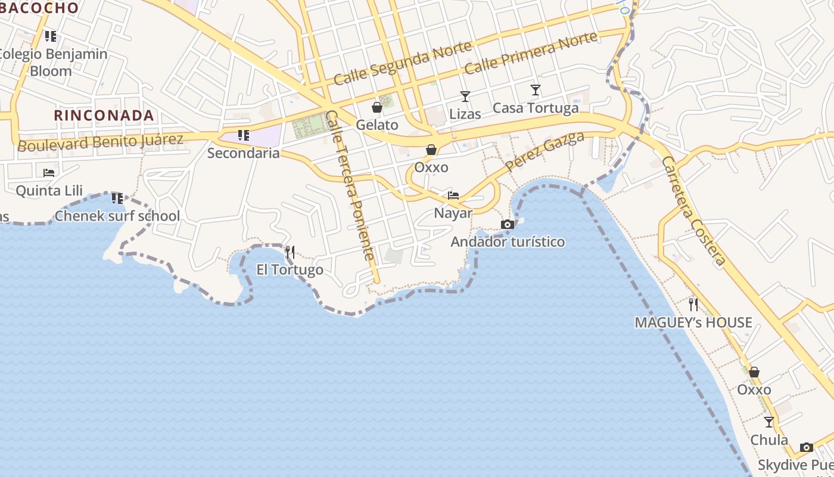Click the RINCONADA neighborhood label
click(104, 115)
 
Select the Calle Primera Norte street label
click(530, 53)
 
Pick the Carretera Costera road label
click(693, 210)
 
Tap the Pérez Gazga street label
click(544, 151)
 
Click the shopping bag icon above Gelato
click(376, 107)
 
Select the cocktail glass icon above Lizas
click(465, 96)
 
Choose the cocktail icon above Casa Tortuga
click(535, 90)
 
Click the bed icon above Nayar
click(453, 195)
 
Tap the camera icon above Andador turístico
click(508, 224)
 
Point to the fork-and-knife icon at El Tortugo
click(290, 252)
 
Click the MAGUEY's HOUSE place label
click(693, 323)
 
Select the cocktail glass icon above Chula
click(768, 422)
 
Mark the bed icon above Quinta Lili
click(49, 173)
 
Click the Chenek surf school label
click(117, 216)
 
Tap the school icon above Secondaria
click(243, 135)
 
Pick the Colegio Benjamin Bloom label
click(52, 62)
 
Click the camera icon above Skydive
click(806, 447)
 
